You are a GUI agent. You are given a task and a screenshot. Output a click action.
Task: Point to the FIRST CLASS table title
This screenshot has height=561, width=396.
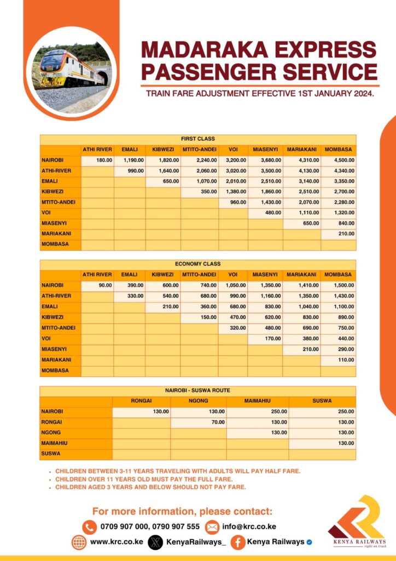coord(197,139)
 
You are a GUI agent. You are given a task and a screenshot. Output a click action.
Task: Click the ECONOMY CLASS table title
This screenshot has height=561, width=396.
coord(197,264)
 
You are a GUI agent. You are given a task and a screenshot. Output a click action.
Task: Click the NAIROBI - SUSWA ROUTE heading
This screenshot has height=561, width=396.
coord(197,390)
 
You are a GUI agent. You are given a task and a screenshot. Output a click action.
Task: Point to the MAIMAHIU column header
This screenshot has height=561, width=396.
coord(257,400)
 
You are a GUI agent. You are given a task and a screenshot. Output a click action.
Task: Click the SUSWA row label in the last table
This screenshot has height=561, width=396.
coord(52,454)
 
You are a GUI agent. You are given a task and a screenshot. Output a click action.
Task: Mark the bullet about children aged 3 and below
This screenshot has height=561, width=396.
coord(150,487)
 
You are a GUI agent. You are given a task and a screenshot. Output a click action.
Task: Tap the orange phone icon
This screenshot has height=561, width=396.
coord(89,527)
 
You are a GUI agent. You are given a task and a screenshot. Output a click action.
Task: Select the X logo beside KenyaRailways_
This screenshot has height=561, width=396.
coord(156,542)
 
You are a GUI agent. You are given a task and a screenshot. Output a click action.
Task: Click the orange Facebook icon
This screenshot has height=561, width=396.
coord(237,542)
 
